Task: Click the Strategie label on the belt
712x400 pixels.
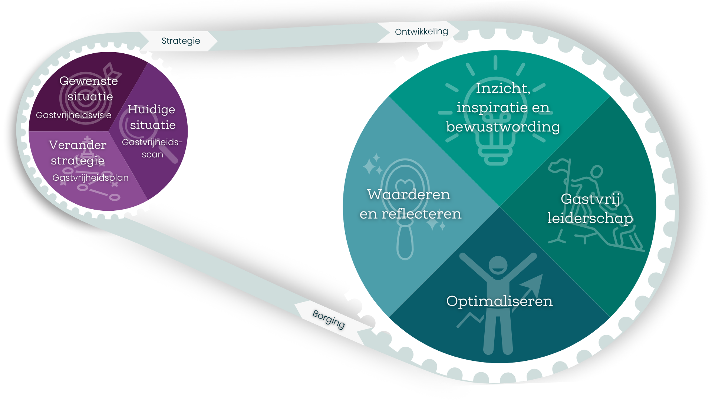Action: (x=181, y=41)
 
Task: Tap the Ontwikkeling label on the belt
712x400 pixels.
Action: (x=421, y=32)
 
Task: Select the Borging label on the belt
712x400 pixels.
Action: (x=329, y=319)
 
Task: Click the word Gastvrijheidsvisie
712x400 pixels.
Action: (x=73, y=115)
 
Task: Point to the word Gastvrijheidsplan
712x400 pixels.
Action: (x=90, y=178)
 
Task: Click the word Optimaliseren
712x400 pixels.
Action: (x=499, y=301)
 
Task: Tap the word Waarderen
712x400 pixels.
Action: (x=408, y=194)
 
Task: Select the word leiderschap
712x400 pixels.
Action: (x=590, y=218)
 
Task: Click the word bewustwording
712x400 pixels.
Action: (x=503, y=127)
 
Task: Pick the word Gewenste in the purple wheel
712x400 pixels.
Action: (x=89, y=81)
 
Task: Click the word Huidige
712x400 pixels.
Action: (x=151, y=109)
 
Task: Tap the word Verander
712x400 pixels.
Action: (x=78, y=145)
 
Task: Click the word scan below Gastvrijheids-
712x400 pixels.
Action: (x=152, y=155)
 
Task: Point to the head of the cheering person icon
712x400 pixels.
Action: (x=498, y=264)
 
